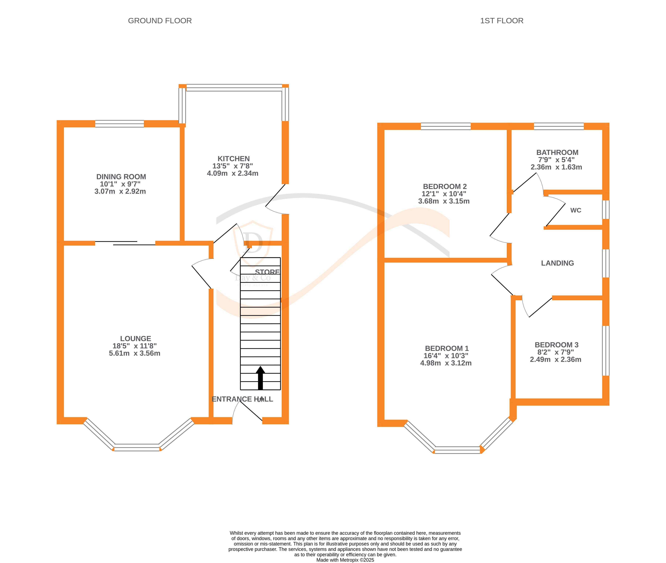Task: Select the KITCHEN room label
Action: pyautogui.click(x=233, y=159)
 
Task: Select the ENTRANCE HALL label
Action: pyautogui.click(x=242, y=399)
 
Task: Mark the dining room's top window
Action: pyautogui.click(x=119, y=124)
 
